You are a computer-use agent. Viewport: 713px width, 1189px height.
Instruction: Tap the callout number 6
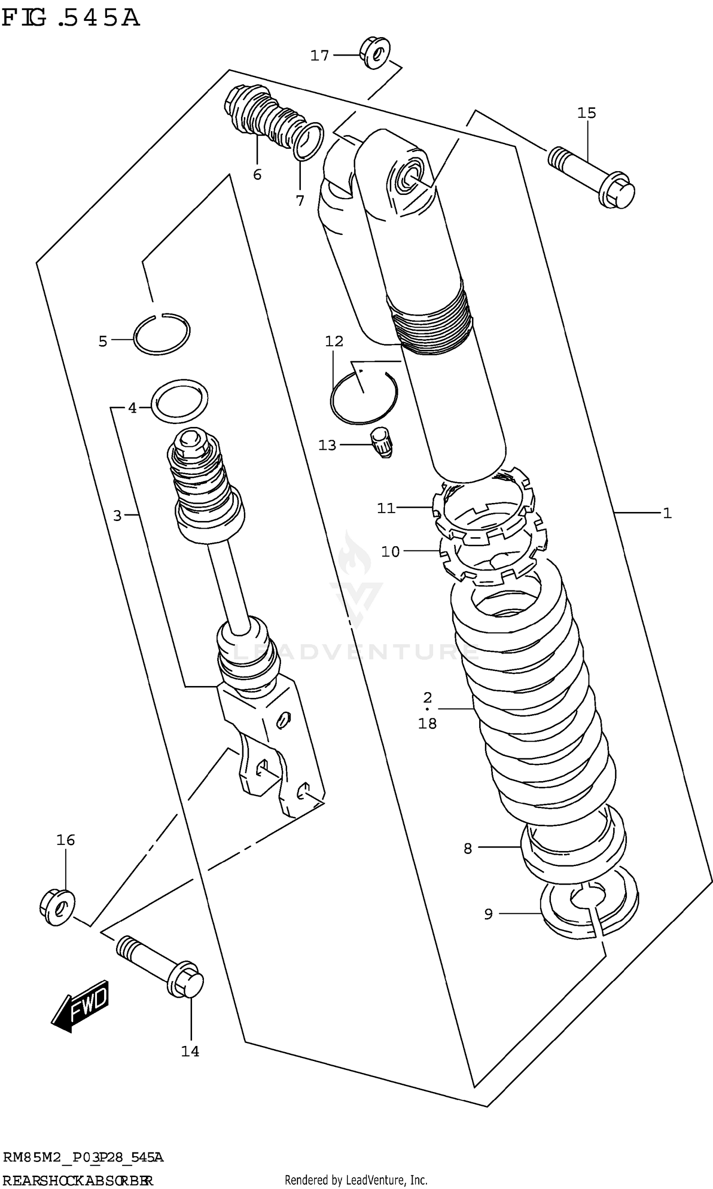257,175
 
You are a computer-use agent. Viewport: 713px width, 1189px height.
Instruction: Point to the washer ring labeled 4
179,401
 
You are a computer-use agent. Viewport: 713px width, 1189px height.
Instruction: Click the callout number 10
390,551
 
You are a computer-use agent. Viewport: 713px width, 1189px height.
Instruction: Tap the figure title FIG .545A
71,18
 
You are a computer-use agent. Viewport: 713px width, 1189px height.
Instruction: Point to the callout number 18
427,724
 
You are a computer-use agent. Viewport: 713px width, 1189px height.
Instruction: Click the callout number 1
666,513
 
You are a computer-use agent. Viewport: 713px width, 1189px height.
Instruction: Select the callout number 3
117,516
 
